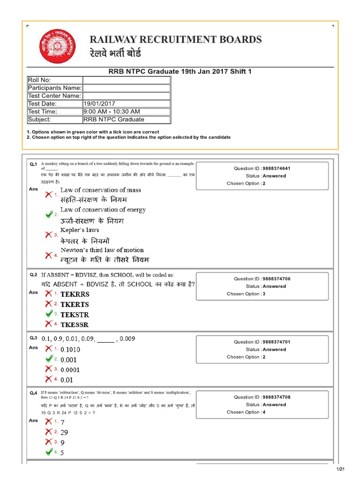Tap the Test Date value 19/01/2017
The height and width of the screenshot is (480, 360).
point(99,104)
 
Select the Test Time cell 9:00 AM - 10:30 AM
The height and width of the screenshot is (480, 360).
point(112,112)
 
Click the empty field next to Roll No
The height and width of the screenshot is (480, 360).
point(126,80)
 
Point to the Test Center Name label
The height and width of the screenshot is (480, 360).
point(54,96)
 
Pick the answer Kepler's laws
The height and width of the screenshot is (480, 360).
point(80,230)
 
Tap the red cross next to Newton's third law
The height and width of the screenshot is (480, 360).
point(49,255)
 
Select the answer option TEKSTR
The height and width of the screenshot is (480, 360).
point(75,315)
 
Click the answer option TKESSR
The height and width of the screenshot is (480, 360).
point(75,324)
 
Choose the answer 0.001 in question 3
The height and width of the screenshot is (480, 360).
point(68,360)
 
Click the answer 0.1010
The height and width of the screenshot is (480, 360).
point(70,350)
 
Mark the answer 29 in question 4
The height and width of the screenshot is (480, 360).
point(64,433)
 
